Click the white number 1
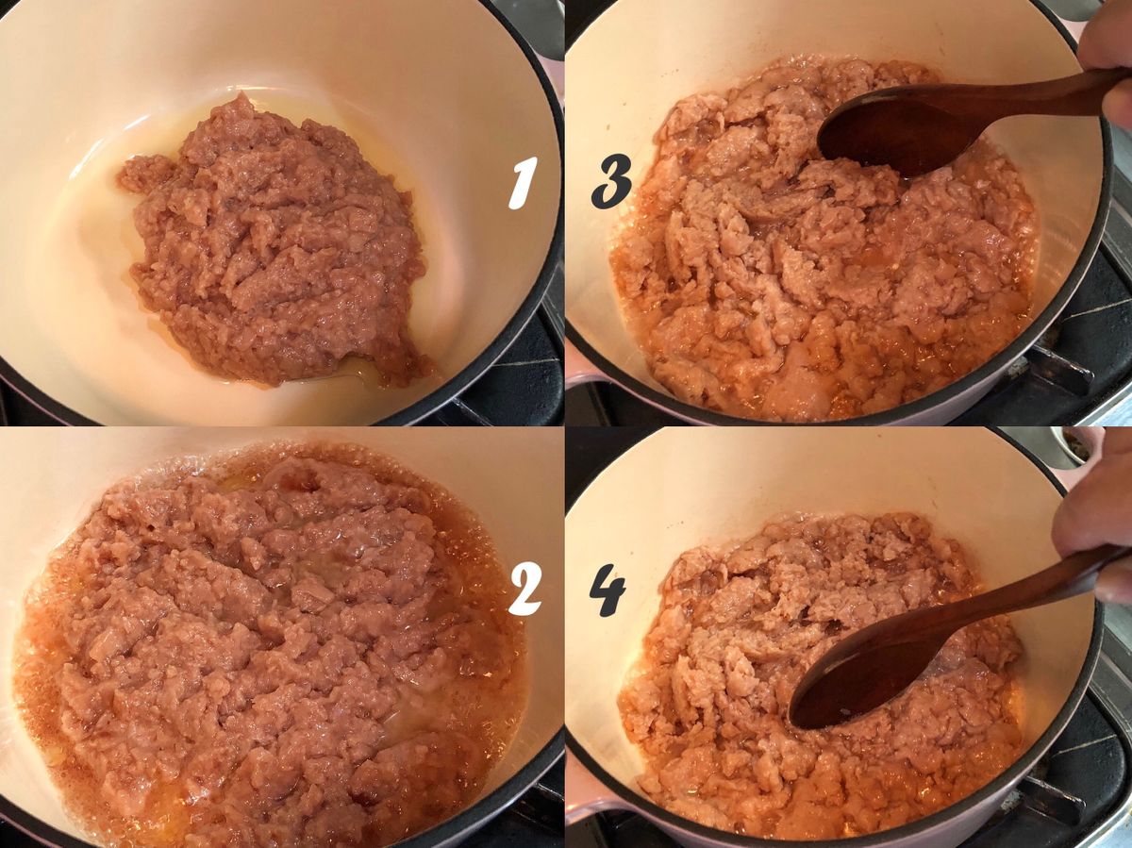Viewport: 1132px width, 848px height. [522, 183]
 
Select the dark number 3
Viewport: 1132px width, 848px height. [611, 184]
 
